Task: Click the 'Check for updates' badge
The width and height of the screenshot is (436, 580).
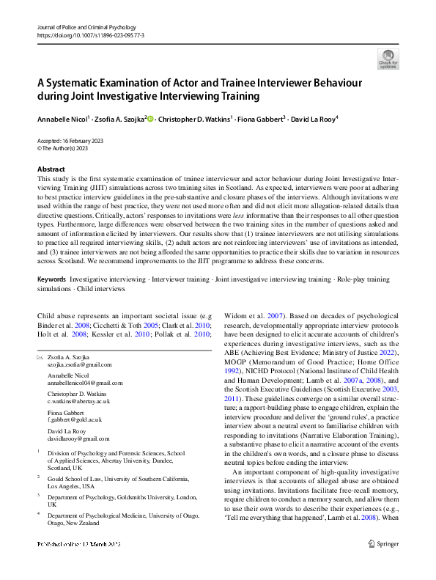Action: (x=388, y=58)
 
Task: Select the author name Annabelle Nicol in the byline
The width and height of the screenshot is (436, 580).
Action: (x=62, y=117)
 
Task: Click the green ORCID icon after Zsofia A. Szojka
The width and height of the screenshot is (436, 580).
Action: (x=150, y=117)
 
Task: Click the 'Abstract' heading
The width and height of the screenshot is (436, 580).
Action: (x=50, y=169)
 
